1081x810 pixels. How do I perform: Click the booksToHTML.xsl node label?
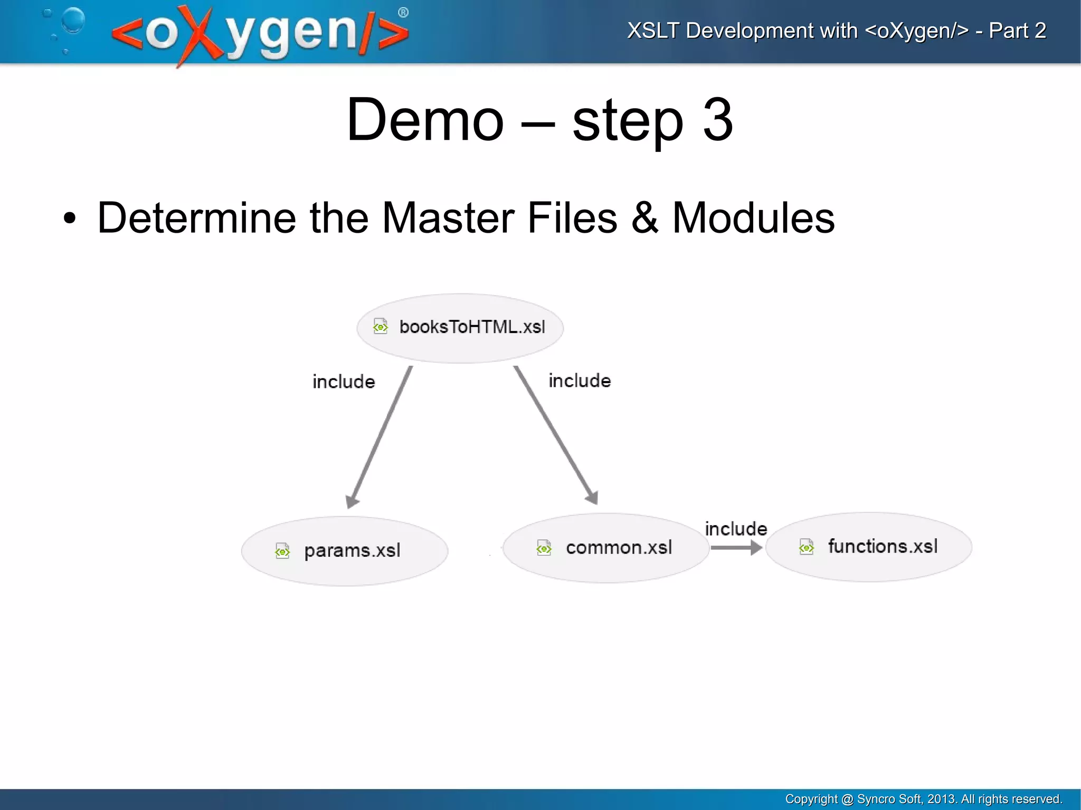pyautogui.click(x=472, y=327)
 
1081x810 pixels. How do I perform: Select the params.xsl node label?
pyautogui.click(x=352, y=550)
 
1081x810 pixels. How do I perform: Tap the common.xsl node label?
pyautogui.click(x=619, y=548)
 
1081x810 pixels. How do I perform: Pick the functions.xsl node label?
pyautogui.click(x=883, y=546)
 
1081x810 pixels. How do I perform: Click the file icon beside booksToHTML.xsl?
pyautogui.click(x=380, y=327)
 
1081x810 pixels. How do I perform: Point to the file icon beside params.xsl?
pyautogui.click(x=282, y=551)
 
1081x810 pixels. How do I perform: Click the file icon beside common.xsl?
pyautogui.click(x=544, y=548)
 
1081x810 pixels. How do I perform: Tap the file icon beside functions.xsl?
pyautogui.click(x=807, y=547)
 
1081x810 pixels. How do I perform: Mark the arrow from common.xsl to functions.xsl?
pyautogui.click(x=736, y=548)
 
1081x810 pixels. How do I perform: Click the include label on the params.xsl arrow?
pyautogui.click(x=344, y=382)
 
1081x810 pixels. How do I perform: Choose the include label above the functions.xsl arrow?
pyautogui.click(x=736, y=528)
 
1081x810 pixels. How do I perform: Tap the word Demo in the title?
pyautogui.click(x=425, y=120)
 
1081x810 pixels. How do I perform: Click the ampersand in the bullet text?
pyautogui.click(x=644, y=218)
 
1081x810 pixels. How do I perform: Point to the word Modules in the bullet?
pyautogui.click(x=753, y=218)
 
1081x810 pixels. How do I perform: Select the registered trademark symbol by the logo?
pyautogui.click(x=403, y=13)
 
